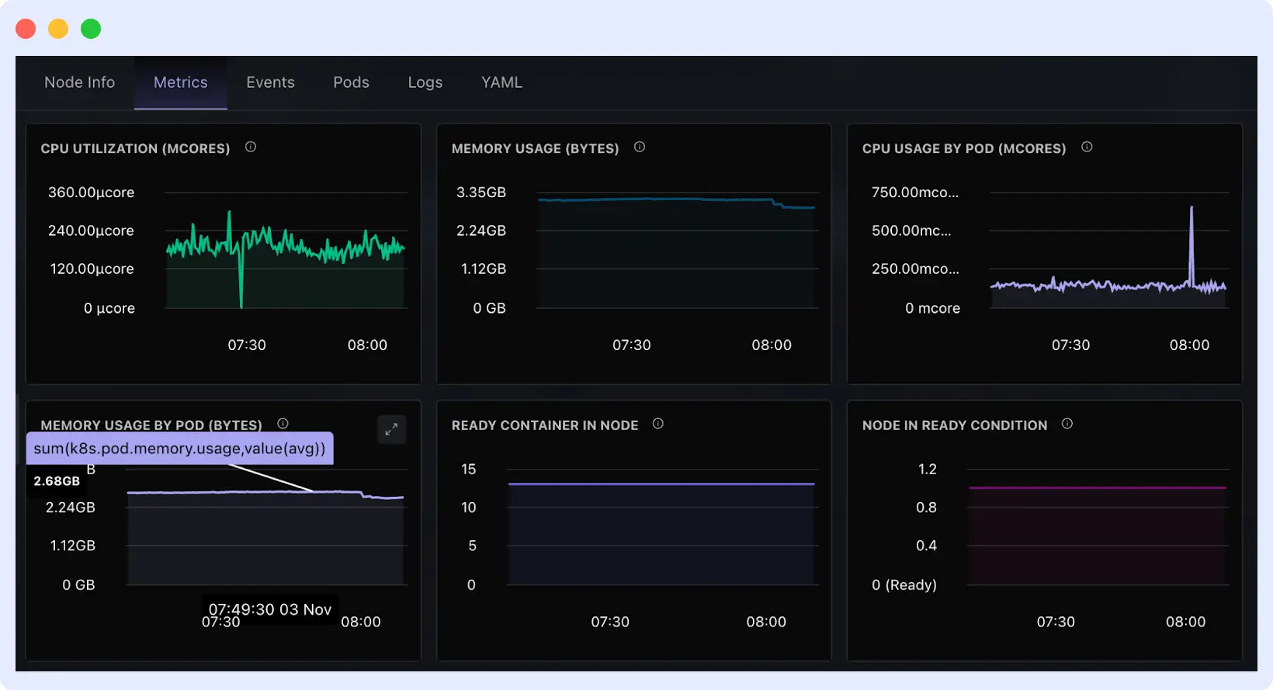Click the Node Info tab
pos(79,82)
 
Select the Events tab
pos(270,82)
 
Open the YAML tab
pos(501,82)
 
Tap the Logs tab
pos(425,82)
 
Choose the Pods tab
pos(351,82)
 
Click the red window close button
pos(26,29)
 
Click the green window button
pos(91,29)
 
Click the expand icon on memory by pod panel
pos(391,429)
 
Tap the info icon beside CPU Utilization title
pos(251,147)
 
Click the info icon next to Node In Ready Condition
pos(1067,424)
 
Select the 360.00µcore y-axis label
pos(91,192)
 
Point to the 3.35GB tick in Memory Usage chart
pos(480,192)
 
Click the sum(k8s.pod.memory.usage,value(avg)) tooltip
pos(179,449)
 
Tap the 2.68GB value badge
pos(57,481)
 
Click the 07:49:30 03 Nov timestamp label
pos(269,609)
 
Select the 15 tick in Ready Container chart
pos(468,470)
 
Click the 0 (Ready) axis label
pos(904,585)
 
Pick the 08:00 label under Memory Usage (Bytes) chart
pos(771,345)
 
